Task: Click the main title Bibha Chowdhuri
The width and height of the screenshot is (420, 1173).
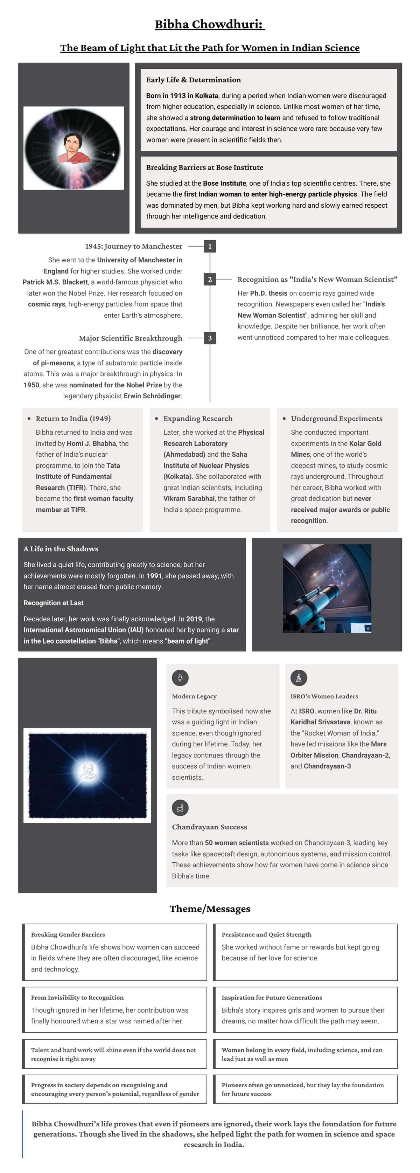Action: click(x=209, y=24)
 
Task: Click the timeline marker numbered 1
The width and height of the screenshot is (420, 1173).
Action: click(x=210, y=246)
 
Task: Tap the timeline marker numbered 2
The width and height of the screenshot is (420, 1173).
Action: click(x=210, y=279)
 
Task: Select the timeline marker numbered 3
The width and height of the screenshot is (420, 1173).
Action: click(x=210, y=338)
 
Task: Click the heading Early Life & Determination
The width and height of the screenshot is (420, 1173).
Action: click(x=194, y=80)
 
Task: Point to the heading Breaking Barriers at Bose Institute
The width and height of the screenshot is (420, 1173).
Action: click(x=204, y=167)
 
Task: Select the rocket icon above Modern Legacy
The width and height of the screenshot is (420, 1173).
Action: click(x=180, y=678)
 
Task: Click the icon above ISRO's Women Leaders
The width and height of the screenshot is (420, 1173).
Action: click(x=299, y=678)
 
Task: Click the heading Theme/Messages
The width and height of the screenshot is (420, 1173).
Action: click(x=210, y=909)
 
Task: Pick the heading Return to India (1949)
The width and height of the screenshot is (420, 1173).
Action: click(x=73, y=419)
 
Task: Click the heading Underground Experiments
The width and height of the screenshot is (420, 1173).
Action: click(x=336, y=419)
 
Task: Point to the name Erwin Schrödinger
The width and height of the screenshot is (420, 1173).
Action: click(x=153, y=396)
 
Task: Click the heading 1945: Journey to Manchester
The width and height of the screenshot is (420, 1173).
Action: click(x=133, y=246)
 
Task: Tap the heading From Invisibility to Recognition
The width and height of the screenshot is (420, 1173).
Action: click(x=77, y=997)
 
